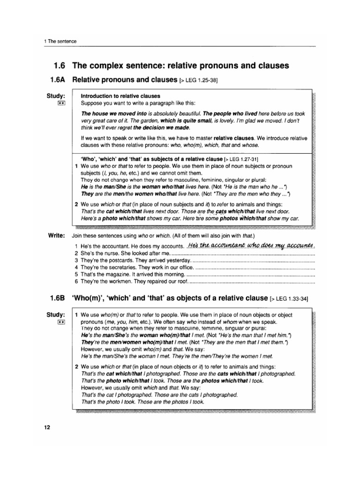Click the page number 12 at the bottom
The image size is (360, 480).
point(47,427)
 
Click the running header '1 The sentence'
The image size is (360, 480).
point(60,42)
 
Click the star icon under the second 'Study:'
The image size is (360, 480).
point(61,322)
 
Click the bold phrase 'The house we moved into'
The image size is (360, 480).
point(114,114)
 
